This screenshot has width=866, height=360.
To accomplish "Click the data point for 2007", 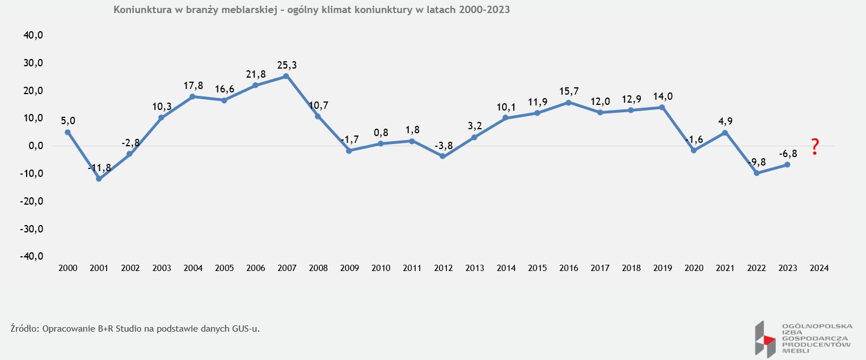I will click(286, 76).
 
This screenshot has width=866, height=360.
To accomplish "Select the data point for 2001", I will click(99, 179).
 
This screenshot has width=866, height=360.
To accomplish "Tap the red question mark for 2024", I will click(815, 147).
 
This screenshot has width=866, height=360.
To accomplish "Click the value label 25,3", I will click(287, 65).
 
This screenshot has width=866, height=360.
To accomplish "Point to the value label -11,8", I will click(99, 168).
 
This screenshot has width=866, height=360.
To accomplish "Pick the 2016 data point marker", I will click(568, 103).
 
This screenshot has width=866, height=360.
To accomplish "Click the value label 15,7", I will click(569, 92).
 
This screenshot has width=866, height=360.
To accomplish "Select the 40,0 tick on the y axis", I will click(33, 35).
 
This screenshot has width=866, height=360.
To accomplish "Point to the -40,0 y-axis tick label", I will click(32, 256).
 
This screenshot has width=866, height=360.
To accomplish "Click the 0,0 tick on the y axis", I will click(35, 146).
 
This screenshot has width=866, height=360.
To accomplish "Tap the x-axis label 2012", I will click(443, 268).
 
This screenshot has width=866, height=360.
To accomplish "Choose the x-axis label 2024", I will click(819, 268).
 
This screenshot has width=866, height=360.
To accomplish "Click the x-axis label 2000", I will click(67, 268).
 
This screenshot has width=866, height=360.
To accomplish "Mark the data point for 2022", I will click(756, 173).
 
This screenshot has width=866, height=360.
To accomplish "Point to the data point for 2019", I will click(662, 107).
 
